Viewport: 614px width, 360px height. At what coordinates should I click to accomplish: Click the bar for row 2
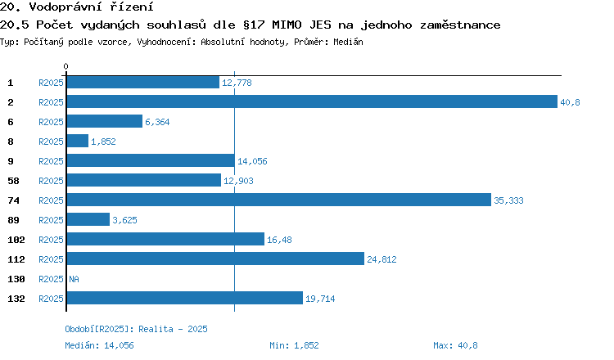(x=311, y=101)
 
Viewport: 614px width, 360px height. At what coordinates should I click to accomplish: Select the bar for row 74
(x=278, y=200)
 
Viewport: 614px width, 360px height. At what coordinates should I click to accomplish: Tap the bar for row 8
(x=77, y=141)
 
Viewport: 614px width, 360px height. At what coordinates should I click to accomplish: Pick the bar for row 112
(x=214, y=259)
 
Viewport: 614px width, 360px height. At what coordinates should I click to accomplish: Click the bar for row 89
(x=88, y=219)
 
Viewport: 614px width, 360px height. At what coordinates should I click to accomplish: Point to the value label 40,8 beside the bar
(x=570, y=102)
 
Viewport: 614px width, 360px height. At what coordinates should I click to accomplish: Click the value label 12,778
(x=237, y=83)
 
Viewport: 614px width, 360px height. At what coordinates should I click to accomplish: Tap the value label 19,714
(x=320, y=299)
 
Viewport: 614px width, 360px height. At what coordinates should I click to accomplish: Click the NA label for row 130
(x=74, y=279)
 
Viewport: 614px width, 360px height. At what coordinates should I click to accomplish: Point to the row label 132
(x=15, y=299)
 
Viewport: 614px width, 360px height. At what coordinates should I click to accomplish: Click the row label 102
(x=15, y=240)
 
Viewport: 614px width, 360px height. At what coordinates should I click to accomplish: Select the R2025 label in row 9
(x=51, y=161)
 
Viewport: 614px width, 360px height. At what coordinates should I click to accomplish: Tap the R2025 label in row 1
(x=51, y=83)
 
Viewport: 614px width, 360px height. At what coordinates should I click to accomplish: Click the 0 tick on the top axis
(x=66, y=66)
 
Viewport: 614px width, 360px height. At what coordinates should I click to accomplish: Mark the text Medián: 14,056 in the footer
(x=99, y=345)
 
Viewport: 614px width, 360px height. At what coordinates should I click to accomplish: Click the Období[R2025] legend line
(x=136, y=329)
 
